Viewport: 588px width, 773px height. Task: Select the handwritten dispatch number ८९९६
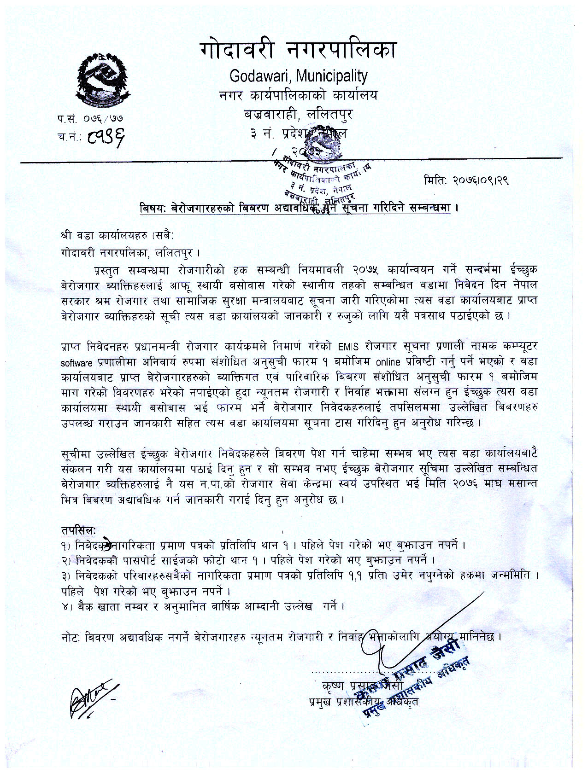click(106, 136)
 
